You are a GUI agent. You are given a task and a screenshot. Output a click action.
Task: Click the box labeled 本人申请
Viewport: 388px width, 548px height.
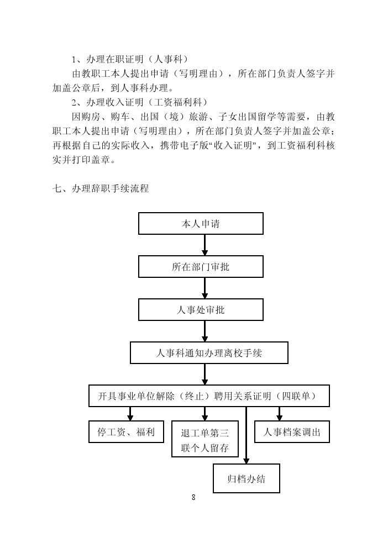click(201, 223)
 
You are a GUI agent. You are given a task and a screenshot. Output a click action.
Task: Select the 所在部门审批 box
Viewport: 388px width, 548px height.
click(201, 266)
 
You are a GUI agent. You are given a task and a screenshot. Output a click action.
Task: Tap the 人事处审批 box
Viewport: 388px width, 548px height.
click(201, 309)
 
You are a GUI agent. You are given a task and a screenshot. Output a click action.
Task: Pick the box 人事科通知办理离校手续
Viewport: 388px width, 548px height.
click(209, 352)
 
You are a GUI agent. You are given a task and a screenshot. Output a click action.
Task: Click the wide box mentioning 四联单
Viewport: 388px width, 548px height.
click(209, 396)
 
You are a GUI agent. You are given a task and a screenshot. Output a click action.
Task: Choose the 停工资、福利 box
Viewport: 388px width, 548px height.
click(126, 431)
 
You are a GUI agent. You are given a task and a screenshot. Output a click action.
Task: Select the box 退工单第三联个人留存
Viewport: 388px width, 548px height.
click(205, 439)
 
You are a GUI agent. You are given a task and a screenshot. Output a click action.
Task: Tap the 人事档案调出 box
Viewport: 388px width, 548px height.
click(292, 431)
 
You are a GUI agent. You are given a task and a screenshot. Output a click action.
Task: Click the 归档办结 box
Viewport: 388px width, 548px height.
click(247, 478)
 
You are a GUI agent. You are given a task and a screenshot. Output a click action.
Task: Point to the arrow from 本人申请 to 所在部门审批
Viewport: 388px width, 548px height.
click(205, 245)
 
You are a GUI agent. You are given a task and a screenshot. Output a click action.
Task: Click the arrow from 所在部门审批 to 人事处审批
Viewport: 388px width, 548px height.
click(205, 288)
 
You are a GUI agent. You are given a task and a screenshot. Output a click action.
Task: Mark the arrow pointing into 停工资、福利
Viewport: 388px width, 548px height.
click(130, 414)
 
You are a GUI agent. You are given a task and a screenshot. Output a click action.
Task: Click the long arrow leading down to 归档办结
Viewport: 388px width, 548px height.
click(246, 435)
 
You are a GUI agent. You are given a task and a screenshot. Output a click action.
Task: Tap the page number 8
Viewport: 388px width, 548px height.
click(193, 497)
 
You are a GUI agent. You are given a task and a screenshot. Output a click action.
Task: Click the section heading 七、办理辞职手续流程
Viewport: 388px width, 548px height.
click(101, 189)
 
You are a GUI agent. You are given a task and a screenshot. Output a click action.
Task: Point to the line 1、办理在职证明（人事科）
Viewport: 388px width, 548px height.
click(130, 59)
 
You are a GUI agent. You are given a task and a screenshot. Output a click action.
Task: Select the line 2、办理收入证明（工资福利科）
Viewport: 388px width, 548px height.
click(140, 102)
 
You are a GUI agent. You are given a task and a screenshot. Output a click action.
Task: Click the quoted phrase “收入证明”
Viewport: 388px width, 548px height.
click(233, 145)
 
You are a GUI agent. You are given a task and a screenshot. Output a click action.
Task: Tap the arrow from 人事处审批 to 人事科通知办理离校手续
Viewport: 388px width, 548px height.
click(205, 331)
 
